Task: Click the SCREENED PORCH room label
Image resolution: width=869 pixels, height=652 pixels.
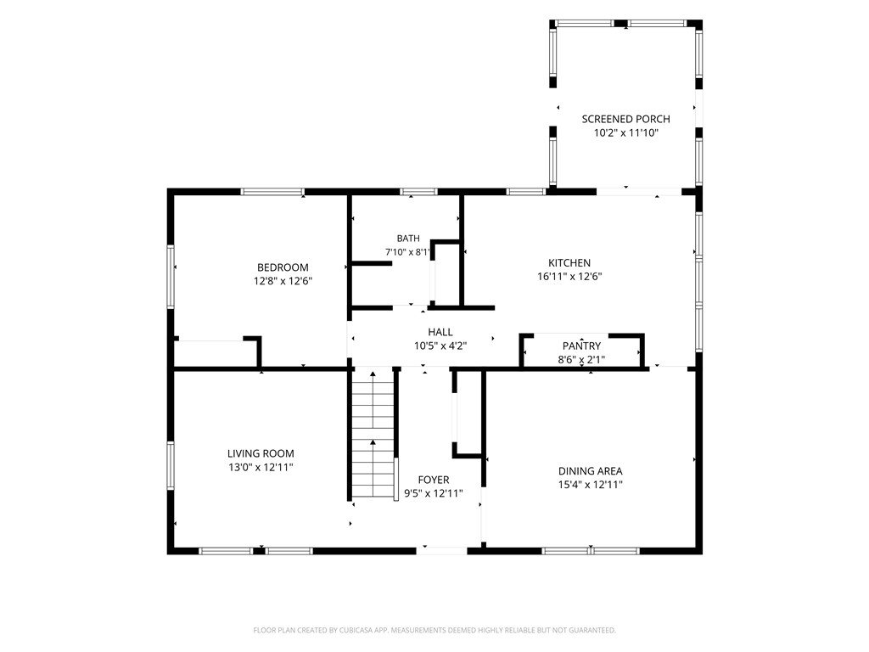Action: (625, 119)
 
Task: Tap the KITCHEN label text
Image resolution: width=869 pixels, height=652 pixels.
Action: (569, 263)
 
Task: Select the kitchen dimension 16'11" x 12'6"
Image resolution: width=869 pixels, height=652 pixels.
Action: (569, 276)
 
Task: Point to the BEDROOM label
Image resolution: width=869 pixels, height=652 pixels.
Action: (283, 267)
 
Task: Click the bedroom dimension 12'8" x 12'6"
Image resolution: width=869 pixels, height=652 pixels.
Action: (283, 280)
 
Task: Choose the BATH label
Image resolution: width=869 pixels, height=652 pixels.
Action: (408, 239)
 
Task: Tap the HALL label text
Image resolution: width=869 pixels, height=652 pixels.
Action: (440, 332)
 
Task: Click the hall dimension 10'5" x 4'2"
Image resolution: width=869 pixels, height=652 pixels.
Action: (440, 346)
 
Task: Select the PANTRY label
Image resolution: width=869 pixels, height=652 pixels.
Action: (581, 346)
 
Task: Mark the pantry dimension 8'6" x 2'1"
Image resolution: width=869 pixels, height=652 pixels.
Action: (581, 359)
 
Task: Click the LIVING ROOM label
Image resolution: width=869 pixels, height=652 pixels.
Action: (261, 453)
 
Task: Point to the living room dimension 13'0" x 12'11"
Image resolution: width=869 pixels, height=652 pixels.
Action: (261, 467)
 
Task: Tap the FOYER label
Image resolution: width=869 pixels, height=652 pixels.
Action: (434, 481)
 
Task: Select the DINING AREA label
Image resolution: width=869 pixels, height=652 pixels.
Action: (591, 471)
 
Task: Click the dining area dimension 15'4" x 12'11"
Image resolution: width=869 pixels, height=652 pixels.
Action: (591, 485)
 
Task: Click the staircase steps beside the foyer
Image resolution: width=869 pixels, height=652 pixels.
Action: (373, 433)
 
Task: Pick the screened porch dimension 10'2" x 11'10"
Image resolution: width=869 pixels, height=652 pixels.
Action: (625, 132)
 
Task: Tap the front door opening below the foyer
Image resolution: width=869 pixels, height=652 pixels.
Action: (441, 550)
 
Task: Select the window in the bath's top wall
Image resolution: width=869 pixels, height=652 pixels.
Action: (418, 192)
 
